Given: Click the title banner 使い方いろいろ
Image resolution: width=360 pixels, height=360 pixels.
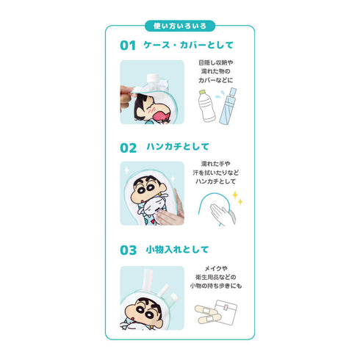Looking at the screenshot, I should [179, 26].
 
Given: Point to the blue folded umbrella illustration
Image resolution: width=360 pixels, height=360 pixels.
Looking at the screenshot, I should [231, 106].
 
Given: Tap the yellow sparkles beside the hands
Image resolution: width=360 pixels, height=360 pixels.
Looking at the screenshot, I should [237, 197].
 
